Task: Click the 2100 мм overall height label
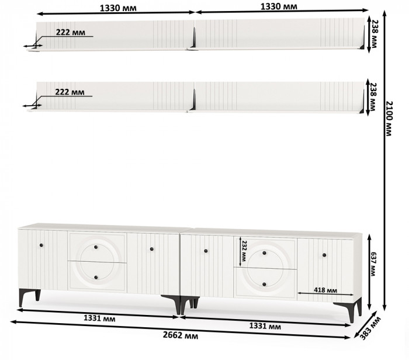pyautogui.click(x=389, y=119)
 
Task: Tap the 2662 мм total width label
pyautogui.click(x=180, y=335)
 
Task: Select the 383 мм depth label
pyautogui.click(x=370, y=328)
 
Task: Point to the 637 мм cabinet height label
pyautogui.click(x=373, y=264)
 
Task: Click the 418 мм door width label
pyautogui.click(x=325, y=290)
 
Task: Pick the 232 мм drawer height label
pyautogui.click(x=244, y=251)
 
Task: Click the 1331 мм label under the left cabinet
pyautogui.click(x=99, y=319)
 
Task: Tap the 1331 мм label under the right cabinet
pyautogui.click(x=265, y=326)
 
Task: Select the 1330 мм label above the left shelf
pyautogui.click(x=118, y=8)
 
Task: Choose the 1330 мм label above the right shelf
pyautogui.click(x=279, y=6)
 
